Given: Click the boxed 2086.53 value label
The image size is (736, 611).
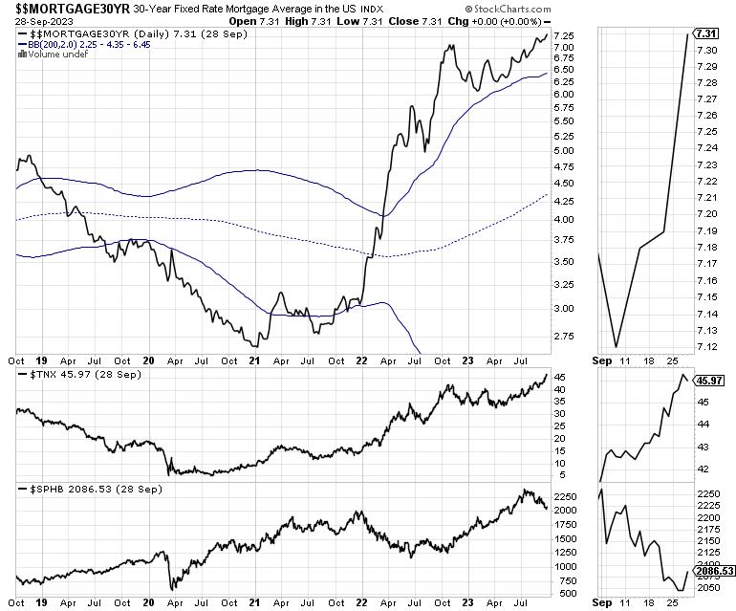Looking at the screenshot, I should (714, 571).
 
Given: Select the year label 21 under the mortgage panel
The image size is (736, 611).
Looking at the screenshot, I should (255, 362).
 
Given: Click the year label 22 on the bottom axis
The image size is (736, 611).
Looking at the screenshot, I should (362, 604).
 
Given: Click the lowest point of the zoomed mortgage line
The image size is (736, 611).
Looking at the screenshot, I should (617, 346).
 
